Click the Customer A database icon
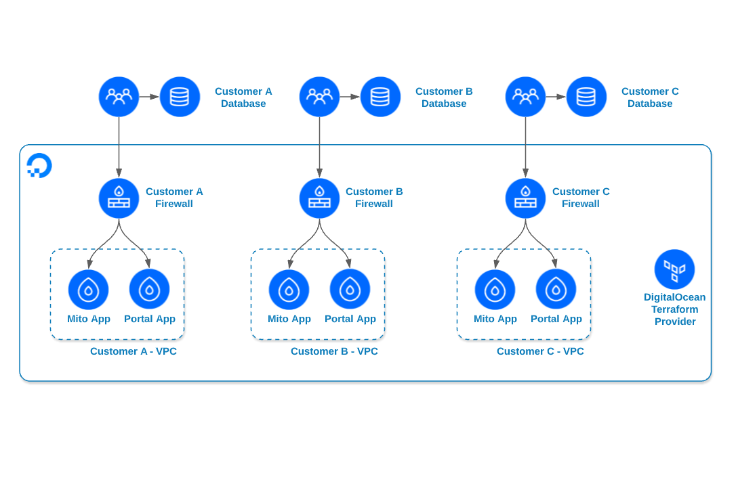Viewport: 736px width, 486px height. coord(180,97)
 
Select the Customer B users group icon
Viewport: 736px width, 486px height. coord(319,97)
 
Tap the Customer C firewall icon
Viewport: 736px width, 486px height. coord(525,198)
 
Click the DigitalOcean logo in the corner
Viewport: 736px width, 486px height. coord(39,165)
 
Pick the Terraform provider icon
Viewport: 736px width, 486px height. coord(674,269)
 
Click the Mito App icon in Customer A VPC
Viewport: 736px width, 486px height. coord(88,290)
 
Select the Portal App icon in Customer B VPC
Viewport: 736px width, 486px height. coord(350,289)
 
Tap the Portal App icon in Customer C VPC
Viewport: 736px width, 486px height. coord(556,289)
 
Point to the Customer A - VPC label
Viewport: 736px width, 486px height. coord(134,351)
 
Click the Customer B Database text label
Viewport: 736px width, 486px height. coord(444,97)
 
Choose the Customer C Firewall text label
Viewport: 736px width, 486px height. coord(581,198)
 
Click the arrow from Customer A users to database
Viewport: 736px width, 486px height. coord(149,97)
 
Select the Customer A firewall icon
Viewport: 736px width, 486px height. coord(119,198)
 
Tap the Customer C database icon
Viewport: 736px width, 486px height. coord(586,97)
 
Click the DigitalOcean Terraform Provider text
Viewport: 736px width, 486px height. coord(674,309)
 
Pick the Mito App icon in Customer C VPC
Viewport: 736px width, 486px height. coord(495,290)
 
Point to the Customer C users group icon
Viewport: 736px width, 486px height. coord(525,97)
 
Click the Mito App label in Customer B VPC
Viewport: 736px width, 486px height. coord(289,319)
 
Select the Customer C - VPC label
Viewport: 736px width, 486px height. coord(540,351)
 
